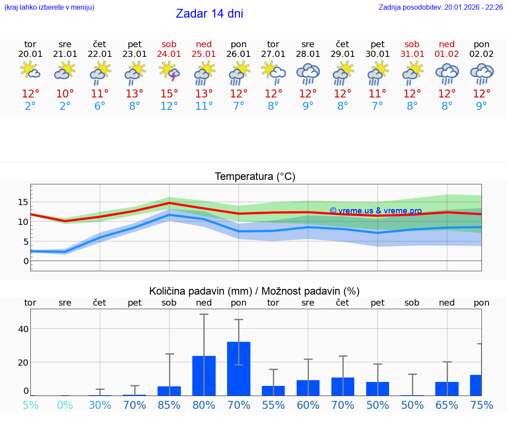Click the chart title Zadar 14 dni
point(209,14)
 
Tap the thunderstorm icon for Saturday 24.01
point(169,71)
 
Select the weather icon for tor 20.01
point(30,71)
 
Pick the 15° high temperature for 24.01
point(169,94)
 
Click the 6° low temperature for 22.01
point(100,106)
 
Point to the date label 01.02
point(447,54)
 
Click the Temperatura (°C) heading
point(255,177)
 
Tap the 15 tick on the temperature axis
point(23,202)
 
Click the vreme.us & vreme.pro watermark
point(375,211)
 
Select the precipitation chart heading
point(254,291)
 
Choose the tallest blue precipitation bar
point(239,368)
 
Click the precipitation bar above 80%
point(204,375)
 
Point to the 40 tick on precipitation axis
point(23,329)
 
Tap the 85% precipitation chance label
point(169,405)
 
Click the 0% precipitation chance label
point(65,405)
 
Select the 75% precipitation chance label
point(481,405)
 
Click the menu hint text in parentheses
point(49,7)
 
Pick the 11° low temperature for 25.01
point(204,106)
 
